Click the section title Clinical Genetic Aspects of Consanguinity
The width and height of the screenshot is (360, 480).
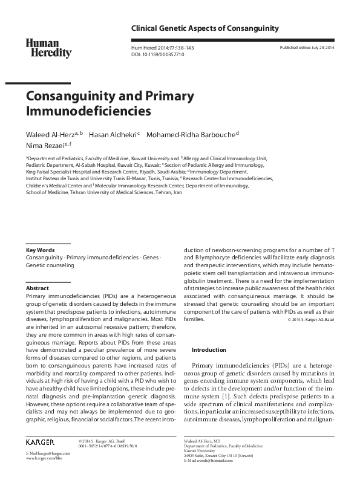(x=200, y=28)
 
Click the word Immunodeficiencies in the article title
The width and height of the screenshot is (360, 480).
(x=88, y=111)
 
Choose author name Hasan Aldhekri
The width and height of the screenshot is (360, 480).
(x=115, y=134)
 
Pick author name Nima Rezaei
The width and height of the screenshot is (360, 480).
(x=45, y=145)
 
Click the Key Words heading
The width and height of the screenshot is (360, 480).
(x=40, y=250)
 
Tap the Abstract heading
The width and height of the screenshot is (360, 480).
(x=38, y=288)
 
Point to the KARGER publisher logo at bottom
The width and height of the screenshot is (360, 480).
(x=41, y=442)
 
